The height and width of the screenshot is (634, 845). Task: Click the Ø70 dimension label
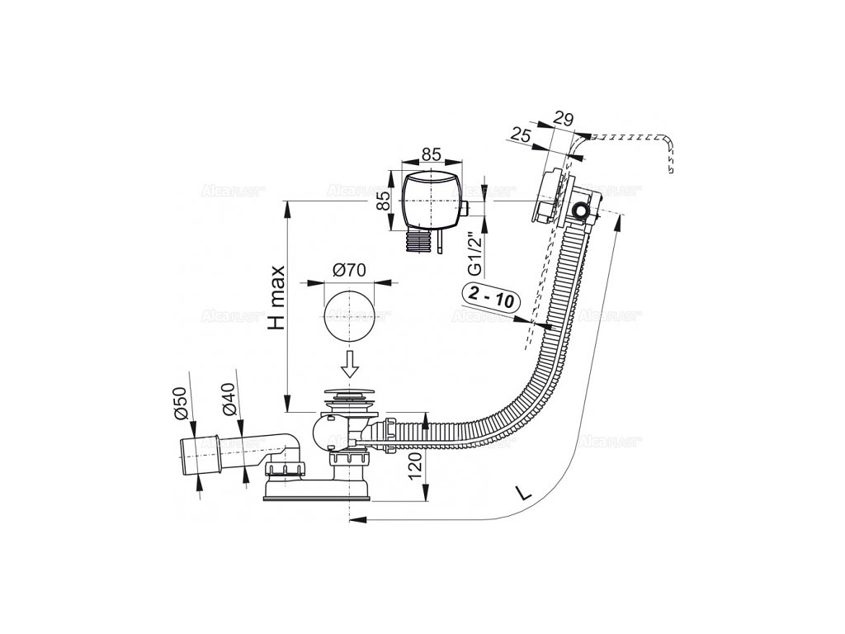coord(351,269)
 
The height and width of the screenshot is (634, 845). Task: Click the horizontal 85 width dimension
coord(430,152)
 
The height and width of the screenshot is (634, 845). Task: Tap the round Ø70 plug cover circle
coord(350,317)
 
